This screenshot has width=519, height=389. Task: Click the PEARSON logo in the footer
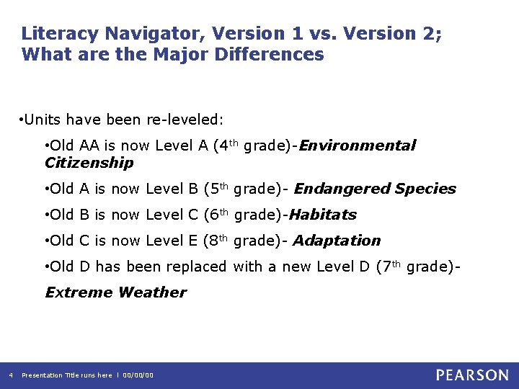(472, 375)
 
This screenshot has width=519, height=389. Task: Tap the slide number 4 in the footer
(10, 375)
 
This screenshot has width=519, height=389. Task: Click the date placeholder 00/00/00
(138, 375)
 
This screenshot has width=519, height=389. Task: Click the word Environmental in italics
(358, 146)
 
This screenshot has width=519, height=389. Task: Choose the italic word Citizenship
(89, 163)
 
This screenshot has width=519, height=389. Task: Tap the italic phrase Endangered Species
(375, 189)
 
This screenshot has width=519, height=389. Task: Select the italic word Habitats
(322, 215)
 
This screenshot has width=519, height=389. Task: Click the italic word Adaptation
(337, 241)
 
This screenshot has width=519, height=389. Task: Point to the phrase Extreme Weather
(115, 292)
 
